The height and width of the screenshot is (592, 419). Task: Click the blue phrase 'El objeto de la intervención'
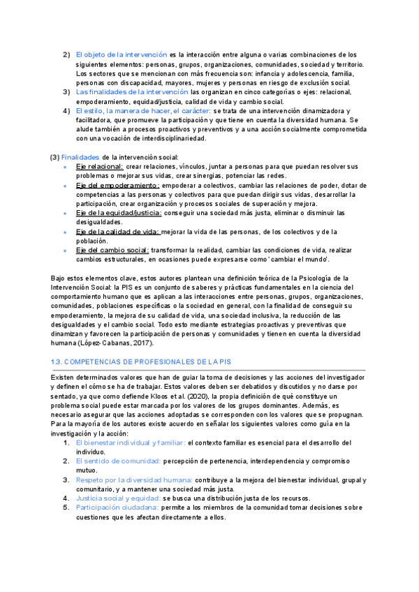click(x=121, y=54)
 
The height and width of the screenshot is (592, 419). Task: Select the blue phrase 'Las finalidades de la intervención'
click(x=131, y=92)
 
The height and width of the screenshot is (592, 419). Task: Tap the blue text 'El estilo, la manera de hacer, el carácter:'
click(x=143, y=111)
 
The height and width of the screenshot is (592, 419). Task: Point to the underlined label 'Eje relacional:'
click(x=100, y=167)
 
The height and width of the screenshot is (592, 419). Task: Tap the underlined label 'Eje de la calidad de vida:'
click(x=117, y=231)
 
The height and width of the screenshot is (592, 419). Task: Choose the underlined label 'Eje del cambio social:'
click(x=112, y=250)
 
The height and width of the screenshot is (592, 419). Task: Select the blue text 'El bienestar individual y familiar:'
click(x=130, y=443)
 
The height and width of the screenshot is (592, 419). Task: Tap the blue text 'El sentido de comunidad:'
click(x=118, y=461)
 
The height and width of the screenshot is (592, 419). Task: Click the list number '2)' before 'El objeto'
click(x=66, y=54)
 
